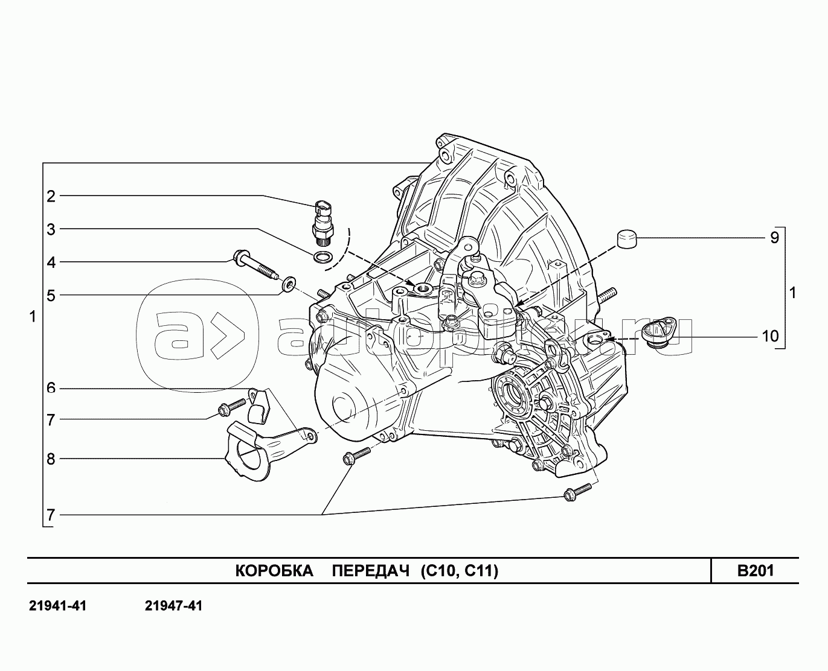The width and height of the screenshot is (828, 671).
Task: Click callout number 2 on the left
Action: pyautogui.click(x=51, y=197)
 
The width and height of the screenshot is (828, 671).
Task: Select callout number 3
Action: pyautogui.click(x=51, y=229)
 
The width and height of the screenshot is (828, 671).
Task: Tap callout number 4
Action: pyautogui.click(x=51, y=262)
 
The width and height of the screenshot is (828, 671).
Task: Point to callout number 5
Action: pyautogui.click(x=51, y=296)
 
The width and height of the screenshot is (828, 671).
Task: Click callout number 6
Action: pyautogui.click(x=51, y=388)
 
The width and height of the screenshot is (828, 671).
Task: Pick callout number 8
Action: pyautogui.click(x=51, y=459)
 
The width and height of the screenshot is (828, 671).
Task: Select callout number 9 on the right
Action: pyautogui.click(x=775, y=238)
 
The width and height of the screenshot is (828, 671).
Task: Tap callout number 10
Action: pyautogui.click(x=770, y=336)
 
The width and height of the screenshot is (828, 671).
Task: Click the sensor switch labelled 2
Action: pyautogui.click(x=323, y=223)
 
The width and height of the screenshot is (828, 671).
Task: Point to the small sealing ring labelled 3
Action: pyautogui.click(x=322, y=256)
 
